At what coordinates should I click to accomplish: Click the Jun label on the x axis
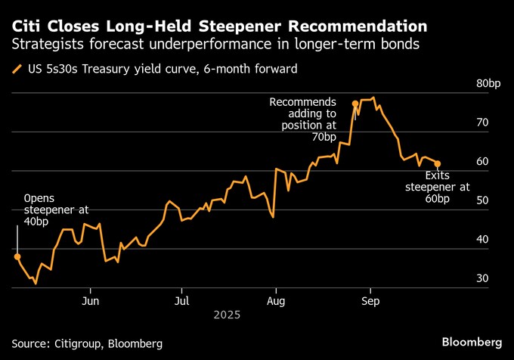(x=91, y=298)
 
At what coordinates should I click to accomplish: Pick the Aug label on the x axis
(x=277, y=298)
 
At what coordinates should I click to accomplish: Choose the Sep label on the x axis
(x=370, y=298)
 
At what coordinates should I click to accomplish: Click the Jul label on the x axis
(x=181, y=298)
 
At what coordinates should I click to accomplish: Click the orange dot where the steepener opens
(x=17, y=256)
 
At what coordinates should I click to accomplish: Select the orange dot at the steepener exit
(x=438, y=163)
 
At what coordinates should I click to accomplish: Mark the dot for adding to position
(x=355, y=103)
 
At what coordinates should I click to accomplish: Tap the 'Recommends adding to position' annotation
(x=304, y=119)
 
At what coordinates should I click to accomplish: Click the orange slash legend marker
(x=17, y=70)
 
